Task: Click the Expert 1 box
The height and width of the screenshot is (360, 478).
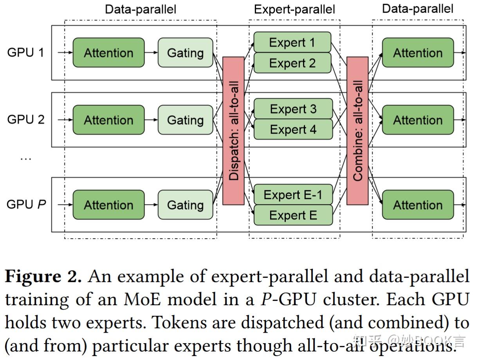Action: [x=292, y=42]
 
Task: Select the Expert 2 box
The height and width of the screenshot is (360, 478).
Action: [x=292, y=63]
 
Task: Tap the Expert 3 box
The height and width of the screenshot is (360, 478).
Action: [x=293, y=109]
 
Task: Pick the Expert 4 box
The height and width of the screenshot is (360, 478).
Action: [x=293, y=129]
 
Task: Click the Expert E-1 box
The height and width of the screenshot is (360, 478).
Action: [x=293, y=195]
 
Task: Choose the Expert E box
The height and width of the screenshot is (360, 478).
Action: [x=293, y=215]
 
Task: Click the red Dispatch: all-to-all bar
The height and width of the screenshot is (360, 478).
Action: [x=233, y=131]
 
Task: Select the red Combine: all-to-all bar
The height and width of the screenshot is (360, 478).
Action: [x=357, y=131]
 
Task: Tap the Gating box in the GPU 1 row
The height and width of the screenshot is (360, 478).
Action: [x=185, y=52]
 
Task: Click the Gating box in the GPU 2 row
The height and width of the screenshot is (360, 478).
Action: [x=185, y=119]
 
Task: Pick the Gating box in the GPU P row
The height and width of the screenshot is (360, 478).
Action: [x=185, y=204]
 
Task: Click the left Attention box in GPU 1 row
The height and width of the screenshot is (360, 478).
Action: [x=108, y=52]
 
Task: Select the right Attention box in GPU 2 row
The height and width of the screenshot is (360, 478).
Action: [x=418, y=119]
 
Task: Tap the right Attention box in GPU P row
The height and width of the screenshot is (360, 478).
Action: [x=418, y=204]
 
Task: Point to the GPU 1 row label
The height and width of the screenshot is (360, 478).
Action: [x=26, y=52]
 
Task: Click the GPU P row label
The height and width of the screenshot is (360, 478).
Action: [x=26, y=204]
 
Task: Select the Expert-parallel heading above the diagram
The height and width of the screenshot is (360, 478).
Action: [x=294, y=9]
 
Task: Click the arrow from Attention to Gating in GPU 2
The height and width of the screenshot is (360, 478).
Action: [x=151, y=119]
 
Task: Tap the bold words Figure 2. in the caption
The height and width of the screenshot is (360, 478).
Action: [x=43, y=277]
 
